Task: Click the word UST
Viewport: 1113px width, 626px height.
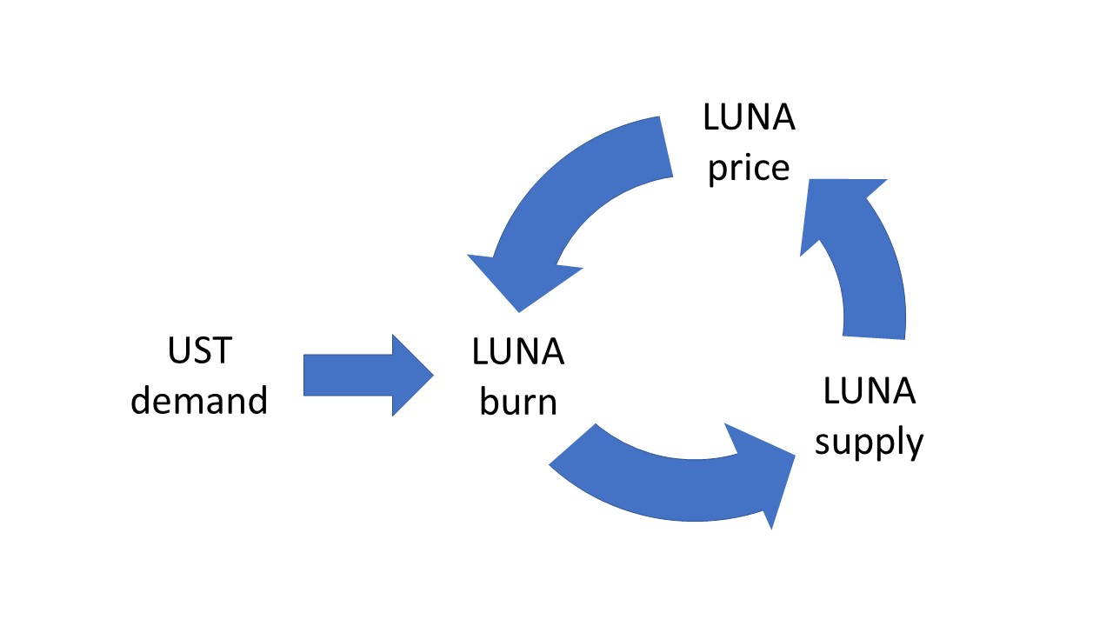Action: click(x=199, y=350)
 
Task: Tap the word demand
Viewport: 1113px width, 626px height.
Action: click(x=199, y=401)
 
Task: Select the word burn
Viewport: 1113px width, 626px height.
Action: click(x=518, y=403)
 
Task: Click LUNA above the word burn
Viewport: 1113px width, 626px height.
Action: click(x=518, y=352)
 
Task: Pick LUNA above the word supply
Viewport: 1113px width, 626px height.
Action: click(x=869, y=392)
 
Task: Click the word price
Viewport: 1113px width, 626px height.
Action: click(x=749, y=167)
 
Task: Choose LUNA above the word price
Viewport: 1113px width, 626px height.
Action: click(x=749, y=117)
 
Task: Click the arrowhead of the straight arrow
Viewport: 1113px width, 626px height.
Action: click(x=412, y=375)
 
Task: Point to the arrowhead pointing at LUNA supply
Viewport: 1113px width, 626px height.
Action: click(x=765, y=474)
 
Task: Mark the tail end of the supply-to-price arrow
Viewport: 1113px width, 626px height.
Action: click(x=875, y=335)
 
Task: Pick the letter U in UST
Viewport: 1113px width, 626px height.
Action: click(x=177, y=350)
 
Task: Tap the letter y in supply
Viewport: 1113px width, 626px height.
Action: click(x=913, y=445)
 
